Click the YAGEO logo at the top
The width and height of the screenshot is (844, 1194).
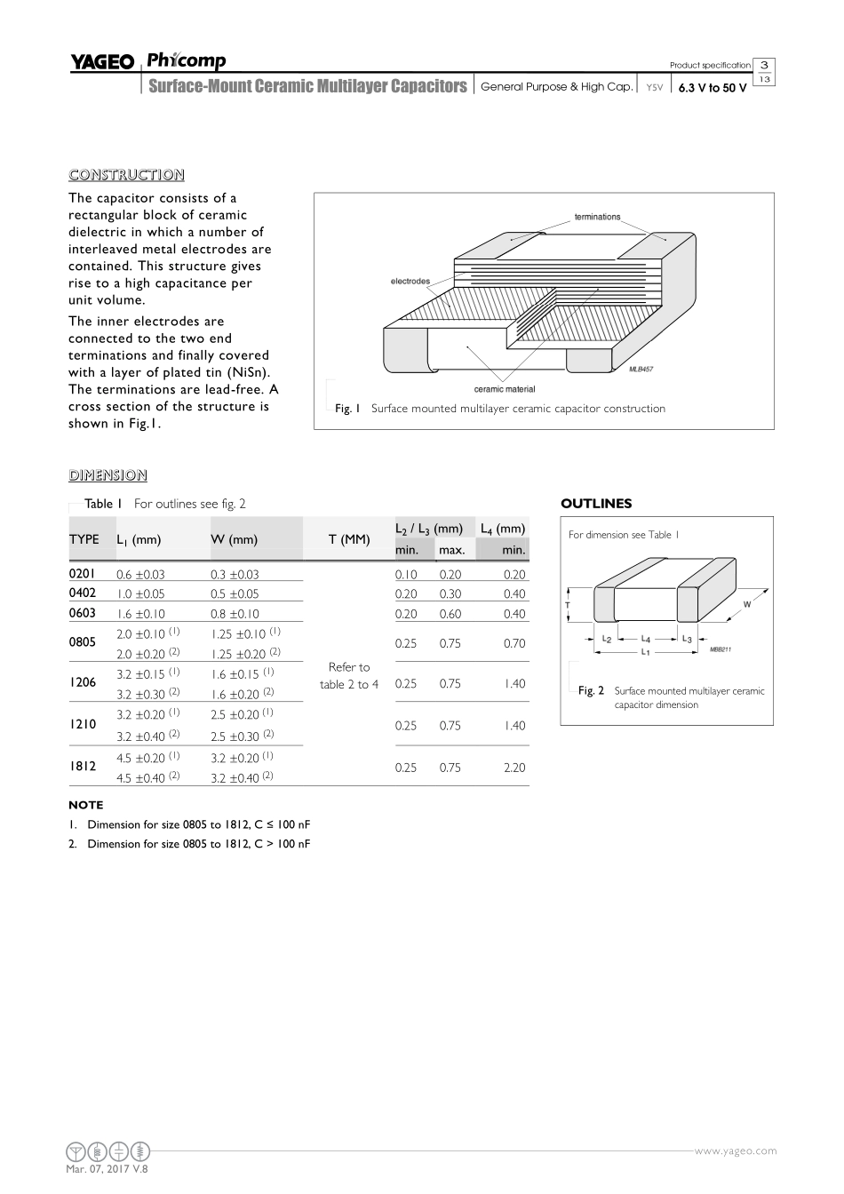click(102, 62)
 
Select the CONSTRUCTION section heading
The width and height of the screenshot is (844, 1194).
click(126, 175)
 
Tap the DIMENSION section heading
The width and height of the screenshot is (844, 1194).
click(107, 475)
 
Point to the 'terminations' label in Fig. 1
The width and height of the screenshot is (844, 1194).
click(597, 217)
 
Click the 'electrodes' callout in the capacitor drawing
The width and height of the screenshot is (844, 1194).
click(410, 282)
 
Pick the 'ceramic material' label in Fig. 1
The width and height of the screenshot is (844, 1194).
click(505, 389)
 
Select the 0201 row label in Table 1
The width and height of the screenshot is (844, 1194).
click(82, 574)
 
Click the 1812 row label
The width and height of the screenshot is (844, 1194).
click(83, 766)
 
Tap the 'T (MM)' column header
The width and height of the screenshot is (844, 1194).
click(348, 539)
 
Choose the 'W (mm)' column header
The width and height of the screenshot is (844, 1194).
click(234, 539)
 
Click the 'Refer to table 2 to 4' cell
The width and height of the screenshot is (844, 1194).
click(348, 675)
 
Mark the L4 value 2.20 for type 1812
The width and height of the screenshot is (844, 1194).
click(514, 768)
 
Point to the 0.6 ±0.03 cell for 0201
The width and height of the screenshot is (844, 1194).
click(140, 575)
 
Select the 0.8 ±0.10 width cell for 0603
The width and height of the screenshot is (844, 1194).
click(235, 614)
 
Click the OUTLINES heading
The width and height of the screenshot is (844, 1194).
click(596, 504)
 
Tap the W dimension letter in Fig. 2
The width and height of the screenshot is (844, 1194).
click(747, 604)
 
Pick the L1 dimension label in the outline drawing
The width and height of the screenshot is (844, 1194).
click(646, 651)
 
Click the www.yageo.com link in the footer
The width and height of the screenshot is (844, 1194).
click(735, 1150)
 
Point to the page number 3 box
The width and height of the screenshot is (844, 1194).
click(764, 65)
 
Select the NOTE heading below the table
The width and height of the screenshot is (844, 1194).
click(85, 805)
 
